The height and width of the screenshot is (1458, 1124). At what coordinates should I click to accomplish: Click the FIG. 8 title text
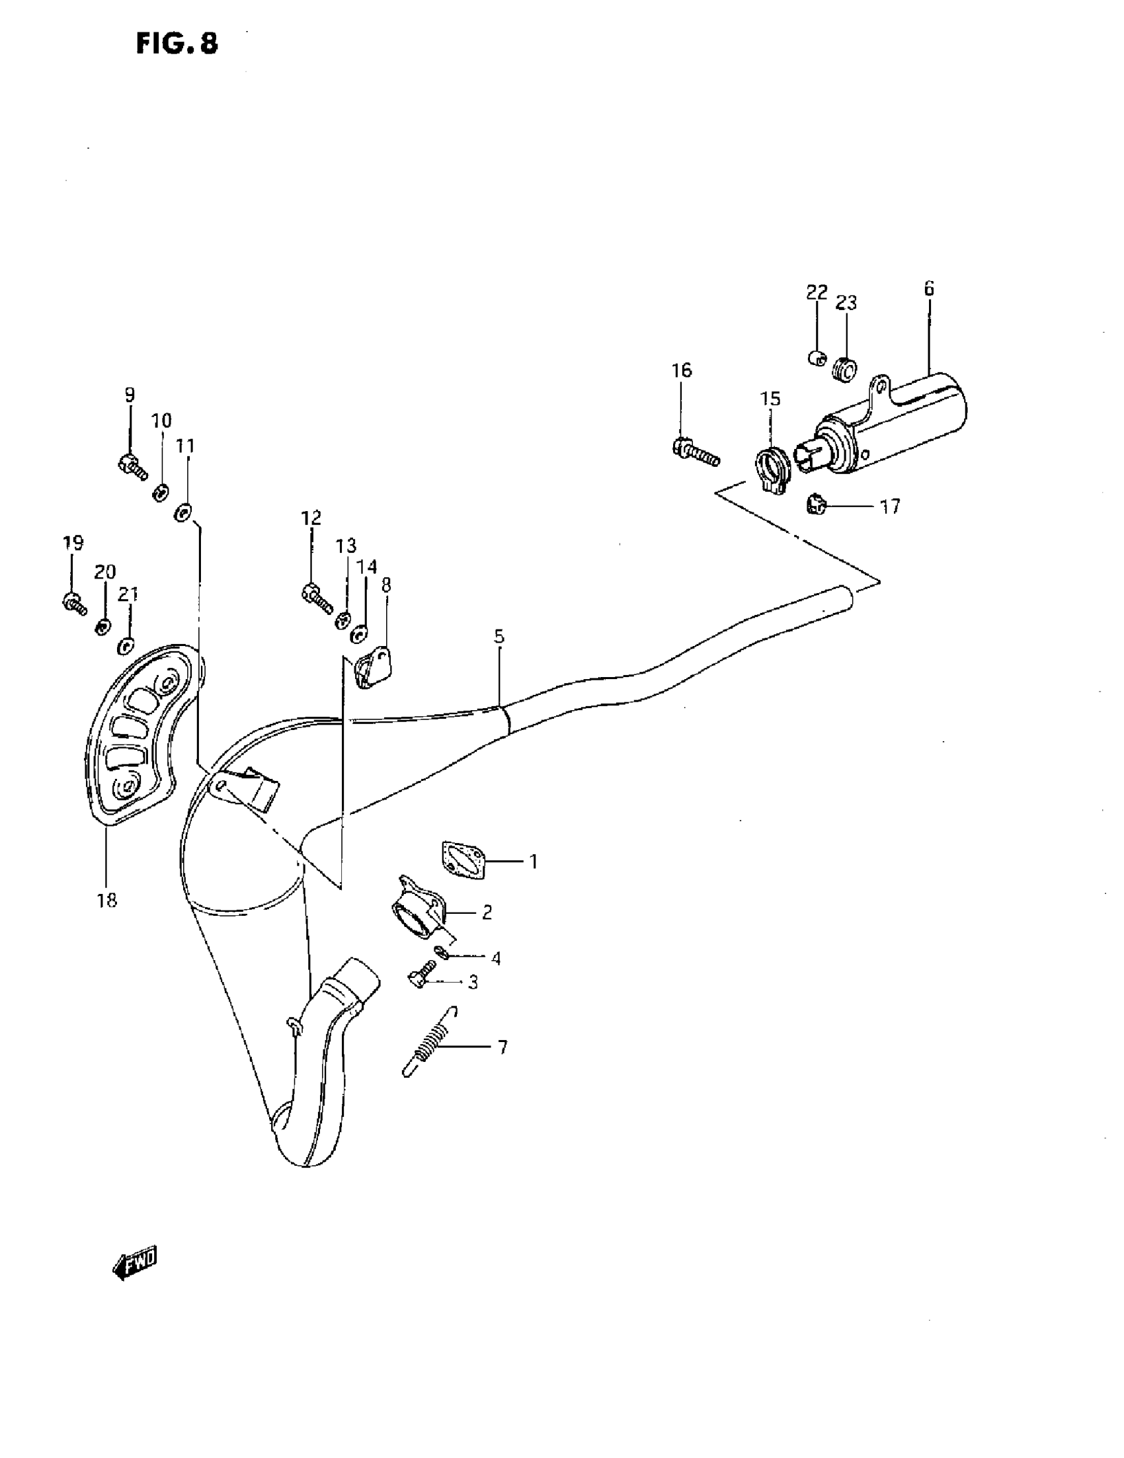[177, 44]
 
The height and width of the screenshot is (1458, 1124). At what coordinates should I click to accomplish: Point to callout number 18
[107, 900]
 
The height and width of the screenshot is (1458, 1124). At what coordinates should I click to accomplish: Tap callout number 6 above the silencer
[929, 288]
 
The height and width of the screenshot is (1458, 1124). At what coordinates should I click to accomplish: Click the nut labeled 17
[815, 505]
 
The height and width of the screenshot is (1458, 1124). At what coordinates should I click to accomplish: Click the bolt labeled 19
[73, 603]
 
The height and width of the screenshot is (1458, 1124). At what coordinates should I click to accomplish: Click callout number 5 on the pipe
[499, 636]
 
